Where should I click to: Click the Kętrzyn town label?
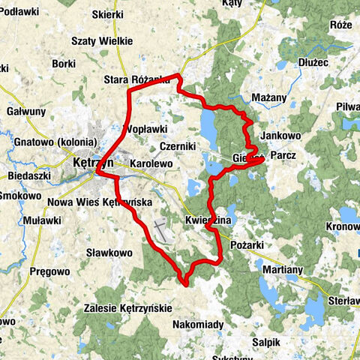(93, 162)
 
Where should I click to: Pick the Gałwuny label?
(26, 111)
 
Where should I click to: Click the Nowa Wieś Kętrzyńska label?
(100, 202)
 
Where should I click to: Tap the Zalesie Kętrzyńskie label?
(128, 307)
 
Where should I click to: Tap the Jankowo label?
(281, 136)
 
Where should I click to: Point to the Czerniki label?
(178, 146)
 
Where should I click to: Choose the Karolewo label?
(151, 162)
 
